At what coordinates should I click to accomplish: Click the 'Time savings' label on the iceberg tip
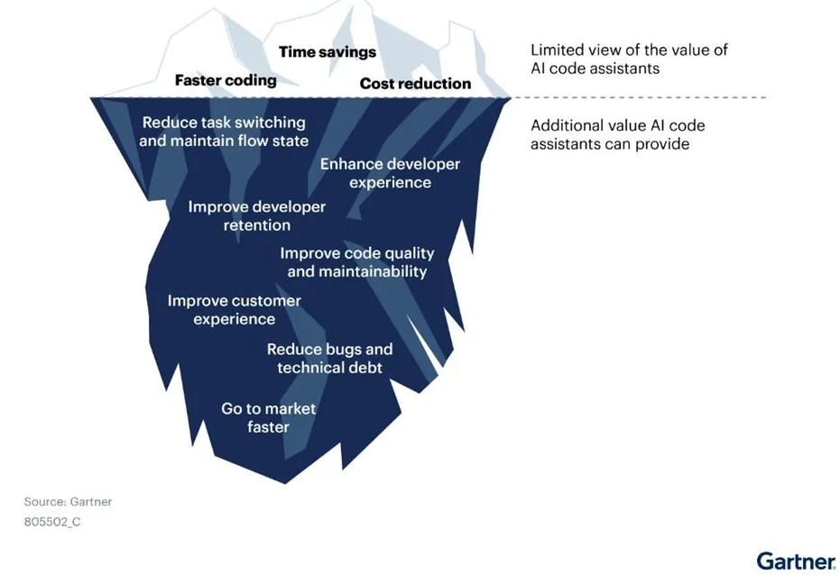coord(328,52)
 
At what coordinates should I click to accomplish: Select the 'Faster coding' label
coord(226,80)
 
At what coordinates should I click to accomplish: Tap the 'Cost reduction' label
coord(415,84)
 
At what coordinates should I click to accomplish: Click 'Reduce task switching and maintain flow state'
coord(224,132)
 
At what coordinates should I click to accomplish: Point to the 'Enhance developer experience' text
coord(390,173)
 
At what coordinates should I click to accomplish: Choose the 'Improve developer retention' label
coord(256,215)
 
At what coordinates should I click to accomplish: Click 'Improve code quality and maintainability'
coord(357,262)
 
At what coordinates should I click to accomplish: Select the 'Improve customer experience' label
coord(234,310)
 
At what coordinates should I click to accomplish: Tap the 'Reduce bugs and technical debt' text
coord(329,359)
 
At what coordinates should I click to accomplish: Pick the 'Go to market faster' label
coord(268,418)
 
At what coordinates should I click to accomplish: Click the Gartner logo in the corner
coord(796,561)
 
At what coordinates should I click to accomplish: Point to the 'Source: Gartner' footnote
coord(68,502)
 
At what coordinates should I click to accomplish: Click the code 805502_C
coord(52,522)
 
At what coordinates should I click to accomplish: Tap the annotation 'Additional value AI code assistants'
coord(618,134)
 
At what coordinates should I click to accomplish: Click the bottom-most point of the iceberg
coord(285,484)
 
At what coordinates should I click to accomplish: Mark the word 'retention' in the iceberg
coord(256,225)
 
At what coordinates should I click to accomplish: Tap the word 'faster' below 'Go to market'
coord(268,427)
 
